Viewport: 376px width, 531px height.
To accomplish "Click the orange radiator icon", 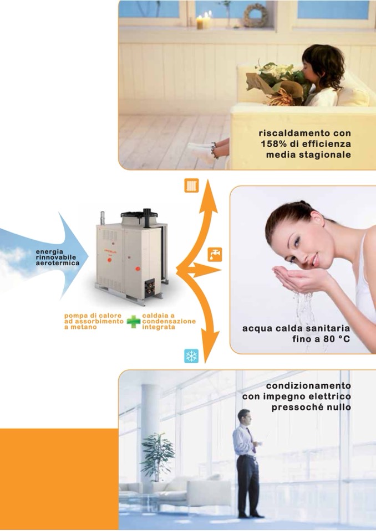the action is click(191, 185).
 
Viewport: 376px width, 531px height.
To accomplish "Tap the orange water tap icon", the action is click(215, 255).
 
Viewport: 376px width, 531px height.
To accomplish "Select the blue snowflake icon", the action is click(191, 356).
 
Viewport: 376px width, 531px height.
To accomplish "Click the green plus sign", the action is click(134, 322).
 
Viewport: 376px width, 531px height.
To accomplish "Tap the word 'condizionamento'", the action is click(308, 386).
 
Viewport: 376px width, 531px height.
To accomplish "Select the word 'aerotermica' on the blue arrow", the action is click(58, 263).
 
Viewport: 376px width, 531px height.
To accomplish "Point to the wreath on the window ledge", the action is click(255, 16).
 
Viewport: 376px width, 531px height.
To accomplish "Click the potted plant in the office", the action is click(157, 456).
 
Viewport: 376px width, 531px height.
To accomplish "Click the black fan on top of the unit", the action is click(139, 214).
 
